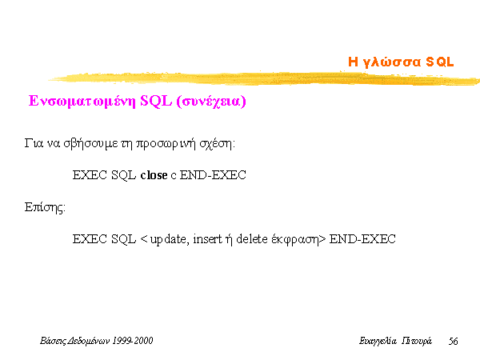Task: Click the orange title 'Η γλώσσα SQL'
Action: pyautogui.click(x=401, y=62)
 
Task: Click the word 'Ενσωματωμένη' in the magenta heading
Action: pyautogui.click(x=82, y=102)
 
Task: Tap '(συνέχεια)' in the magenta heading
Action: pyautogui.click(x=211, y=102)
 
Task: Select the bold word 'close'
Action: pyautogui.click(x=154, y=175)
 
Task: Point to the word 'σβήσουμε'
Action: pyautogui.click(x=90, y=143)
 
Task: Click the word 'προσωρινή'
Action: pyautogui.click(x=166, y=143)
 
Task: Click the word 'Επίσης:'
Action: pyautogui.click(x=45, y=207)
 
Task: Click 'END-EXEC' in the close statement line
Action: pyautogui.click(x=213, y=175)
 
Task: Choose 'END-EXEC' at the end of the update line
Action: pyautogui.click(x=362, y=239)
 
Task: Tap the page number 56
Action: pyautogui.click(x=453, y=341)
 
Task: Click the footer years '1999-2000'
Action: pyautogui.click(x=133, y=341)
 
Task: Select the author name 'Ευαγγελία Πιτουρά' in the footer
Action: pyautogui.click(x=395, y=341)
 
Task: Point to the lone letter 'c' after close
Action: pyautogui.click(x=174, y=176)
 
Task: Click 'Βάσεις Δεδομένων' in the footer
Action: pyautogui.click(x=75, y=341)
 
